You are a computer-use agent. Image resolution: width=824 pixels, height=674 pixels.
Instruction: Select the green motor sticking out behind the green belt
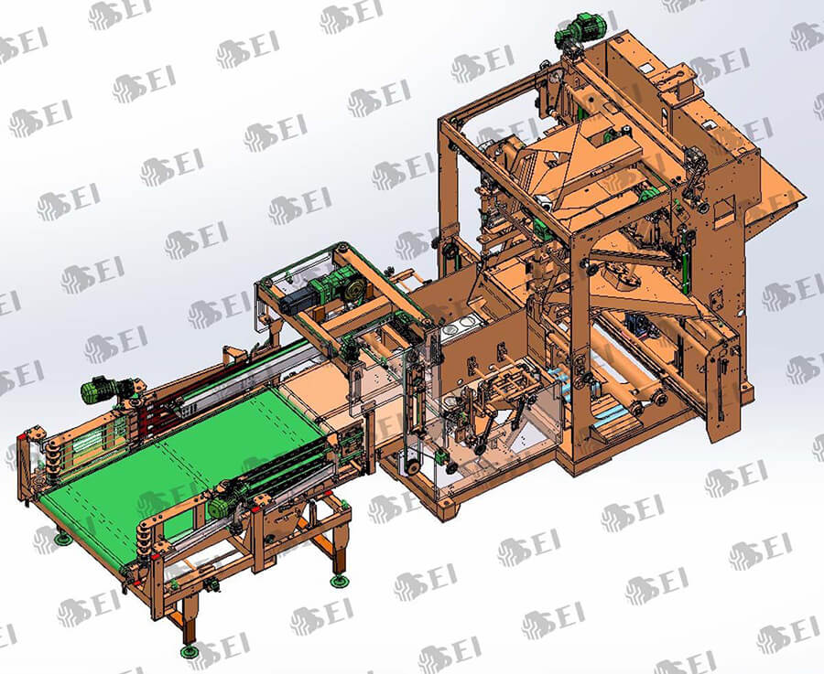tap(103, 390)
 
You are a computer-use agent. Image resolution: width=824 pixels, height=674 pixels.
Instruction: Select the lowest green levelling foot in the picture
tap(190, 651)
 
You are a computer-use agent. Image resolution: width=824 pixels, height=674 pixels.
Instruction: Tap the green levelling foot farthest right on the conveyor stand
tap(340, 580)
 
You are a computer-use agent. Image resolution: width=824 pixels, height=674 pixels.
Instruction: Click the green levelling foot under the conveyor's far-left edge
tap(63, 539)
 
